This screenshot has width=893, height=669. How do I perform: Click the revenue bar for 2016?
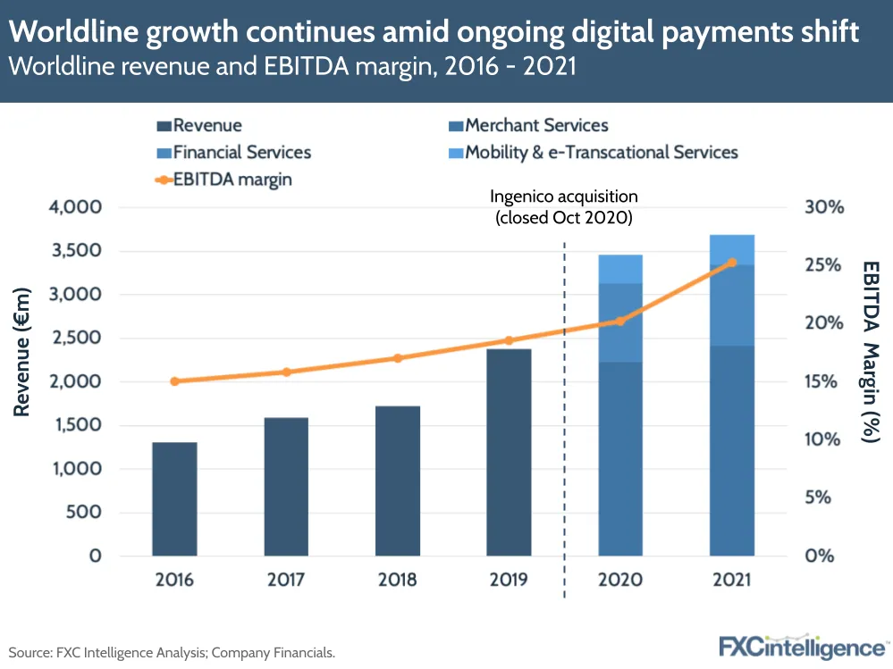pos(174,498)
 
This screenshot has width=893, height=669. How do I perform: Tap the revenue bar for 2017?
pos(286,486)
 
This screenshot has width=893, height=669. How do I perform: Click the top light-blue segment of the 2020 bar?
pos(620,269)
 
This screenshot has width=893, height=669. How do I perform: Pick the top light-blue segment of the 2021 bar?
pos(732,249)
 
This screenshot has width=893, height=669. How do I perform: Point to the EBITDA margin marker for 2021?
pos(732,263)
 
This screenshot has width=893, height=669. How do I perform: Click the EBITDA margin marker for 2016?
pos(174,381)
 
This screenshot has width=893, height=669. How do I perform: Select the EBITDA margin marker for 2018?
pos(398,358)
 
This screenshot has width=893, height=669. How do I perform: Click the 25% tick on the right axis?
pos(823,265)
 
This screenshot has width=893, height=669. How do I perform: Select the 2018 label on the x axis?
pos(398,580)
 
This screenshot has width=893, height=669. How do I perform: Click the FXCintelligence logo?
pos(802,646)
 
